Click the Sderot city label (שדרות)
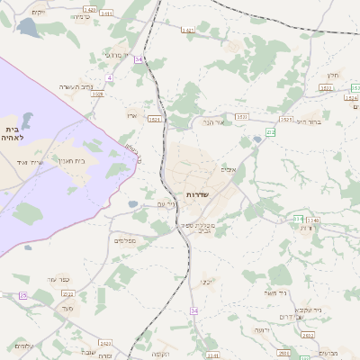coord(197,195)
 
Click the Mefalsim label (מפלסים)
coord(124,240)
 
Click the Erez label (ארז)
coord(131,114)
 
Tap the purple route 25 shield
coord(22,295)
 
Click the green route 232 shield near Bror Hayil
coord(271,132)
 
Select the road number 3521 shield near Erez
coord(155,119)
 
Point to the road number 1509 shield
coord(97,94)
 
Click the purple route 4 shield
coord(109,78)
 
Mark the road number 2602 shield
coord(188,31)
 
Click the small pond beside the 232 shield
coord(258,139)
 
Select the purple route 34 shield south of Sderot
coord(193,310)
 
